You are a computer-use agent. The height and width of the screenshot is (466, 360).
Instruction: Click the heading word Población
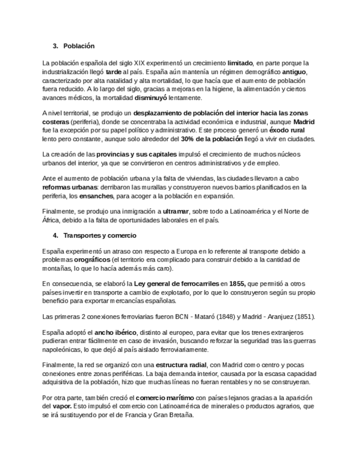79,46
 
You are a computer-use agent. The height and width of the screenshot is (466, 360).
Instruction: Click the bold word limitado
240,63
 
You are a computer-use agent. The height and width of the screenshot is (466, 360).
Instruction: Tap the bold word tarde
114,72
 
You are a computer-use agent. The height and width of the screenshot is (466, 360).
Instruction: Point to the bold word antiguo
295,72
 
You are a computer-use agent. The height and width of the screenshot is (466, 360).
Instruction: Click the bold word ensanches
96,196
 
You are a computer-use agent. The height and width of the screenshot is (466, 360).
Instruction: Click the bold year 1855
237,284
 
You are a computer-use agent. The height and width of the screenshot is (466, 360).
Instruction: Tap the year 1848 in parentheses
223,317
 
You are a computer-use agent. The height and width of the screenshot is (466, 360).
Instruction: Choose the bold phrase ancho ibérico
116,332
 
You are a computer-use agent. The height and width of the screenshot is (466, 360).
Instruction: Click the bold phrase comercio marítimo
164,398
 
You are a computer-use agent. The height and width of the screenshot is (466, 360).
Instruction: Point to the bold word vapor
60,406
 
